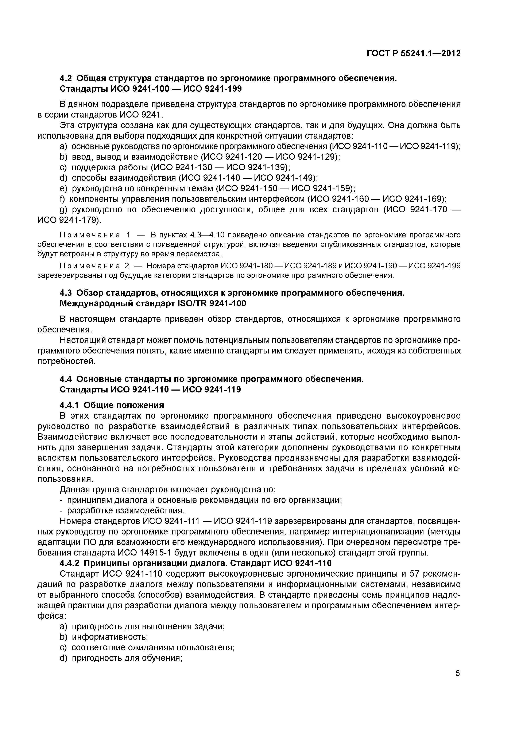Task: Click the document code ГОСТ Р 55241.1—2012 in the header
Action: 413,54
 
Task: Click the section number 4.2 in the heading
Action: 66,78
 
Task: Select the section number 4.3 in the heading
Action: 66,293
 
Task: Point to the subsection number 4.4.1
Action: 70,405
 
